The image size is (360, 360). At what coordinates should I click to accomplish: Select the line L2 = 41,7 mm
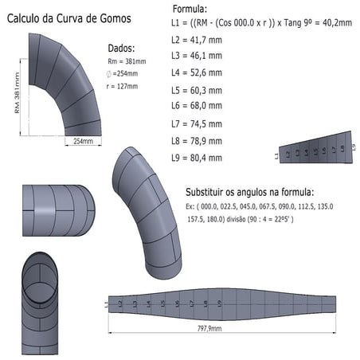coord(198,38)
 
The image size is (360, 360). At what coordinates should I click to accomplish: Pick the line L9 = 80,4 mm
coord(198,158)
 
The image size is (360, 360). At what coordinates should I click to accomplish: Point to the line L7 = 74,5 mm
coord(198,123)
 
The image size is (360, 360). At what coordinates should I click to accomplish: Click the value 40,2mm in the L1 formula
coord(334,23)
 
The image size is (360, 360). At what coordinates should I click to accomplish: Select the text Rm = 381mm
coord(127,61)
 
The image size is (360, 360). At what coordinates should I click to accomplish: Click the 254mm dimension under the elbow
coord(83,141)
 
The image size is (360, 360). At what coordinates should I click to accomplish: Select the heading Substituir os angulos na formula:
coord(249,192)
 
